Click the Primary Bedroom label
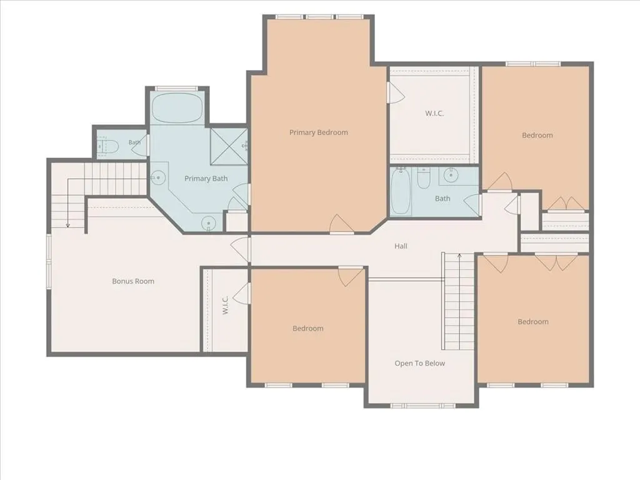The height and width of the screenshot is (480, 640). click(318, 132)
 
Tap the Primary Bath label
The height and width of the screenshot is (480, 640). click(206, 178)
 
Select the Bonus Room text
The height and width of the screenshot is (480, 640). click(133, 281)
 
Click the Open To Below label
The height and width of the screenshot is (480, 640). click(419, 363)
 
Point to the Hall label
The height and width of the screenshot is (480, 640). click(401, 246)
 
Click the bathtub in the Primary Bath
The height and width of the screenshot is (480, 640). click(177, 107)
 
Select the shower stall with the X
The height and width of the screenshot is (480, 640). click(229, 146)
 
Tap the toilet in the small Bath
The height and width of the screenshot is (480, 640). click(107, 146)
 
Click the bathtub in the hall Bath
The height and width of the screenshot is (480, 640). click(401, 191)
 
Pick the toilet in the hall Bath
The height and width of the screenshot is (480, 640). click(423, 178)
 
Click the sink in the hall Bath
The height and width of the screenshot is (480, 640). click(451, 176)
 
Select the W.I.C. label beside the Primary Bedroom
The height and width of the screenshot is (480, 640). click(434, 114)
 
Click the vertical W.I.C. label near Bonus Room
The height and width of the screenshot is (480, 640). click(225, 305)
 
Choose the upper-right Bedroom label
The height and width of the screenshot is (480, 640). click(537, 135)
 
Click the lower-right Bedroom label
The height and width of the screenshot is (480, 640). click(533, 322)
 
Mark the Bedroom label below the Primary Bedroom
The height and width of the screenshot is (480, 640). click(307, 328)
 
